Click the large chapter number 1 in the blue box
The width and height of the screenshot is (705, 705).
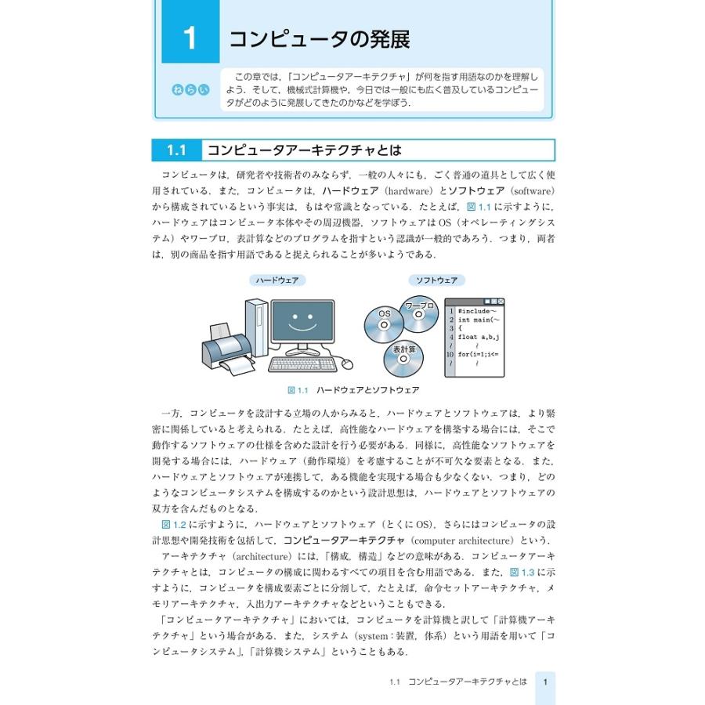point(190,38)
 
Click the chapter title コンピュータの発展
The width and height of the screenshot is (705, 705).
point(319,38)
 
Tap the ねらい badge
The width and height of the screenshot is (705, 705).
point(190,89)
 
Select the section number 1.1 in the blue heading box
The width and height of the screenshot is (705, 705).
point(176,150)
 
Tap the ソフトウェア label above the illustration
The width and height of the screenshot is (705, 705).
point(436,280)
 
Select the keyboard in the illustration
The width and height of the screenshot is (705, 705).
point(302,364)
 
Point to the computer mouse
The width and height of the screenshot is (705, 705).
point(346,364)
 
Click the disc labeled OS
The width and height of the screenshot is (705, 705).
point(384,322)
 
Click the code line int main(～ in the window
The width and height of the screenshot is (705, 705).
point(478,320)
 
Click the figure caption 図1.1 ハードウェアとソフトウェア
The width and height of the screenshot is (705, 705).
point(353,389)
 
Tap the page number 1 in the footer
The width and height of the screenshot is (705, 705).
point(545,682)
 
